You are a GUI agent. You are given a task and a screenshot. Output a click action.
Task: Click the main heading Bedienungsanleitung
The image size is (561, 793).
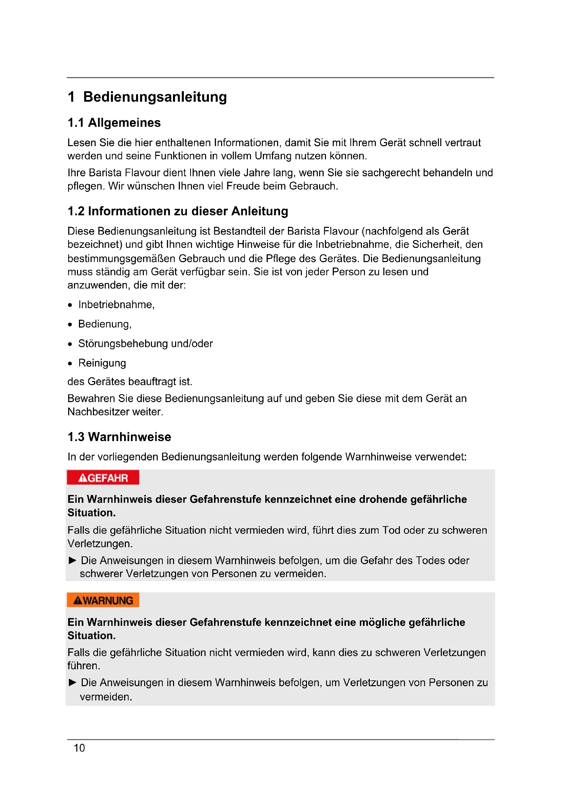tap(155, 97)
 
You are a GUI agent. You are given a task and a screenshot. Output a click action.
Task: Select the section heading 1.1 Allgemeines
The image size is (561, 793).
tap(114, 123)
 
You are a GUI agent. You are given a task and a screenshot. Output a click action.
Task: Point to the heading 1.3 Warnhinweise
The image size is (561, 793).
tap(119, 437)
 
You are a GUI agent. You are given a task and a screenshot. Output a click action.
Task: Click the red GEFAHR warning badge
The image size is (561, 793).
tap(103, 478)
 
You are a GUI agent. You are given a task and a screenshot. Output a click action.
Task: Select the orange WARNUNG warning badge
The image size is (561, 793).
tap(103, 600)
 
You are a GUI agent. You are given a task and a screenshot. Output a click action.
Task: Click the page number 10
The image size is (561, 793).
tap(79, 748)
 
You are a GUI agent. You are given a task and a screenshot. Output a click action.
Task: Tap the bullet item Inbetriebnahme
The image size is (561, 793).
tap(116, 305)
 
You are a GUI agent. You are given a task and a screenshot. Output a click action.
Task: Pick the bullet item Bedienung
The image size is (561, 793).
tap(105, 324)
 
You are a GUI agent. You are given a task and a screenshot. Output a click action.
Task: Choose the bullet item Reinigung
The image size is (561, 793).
tap(102, 363)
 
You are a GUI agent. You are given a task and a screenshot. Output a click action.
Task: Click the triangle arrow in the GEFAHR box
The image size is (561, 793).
tap(72, 560)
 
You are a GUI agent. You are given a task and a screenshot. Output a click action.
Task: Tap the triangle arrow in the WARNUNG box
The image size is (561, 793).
tap(72, 682)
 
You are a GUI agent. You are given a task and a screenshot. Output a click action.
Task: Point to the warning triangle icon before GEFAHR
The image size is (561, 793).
tap(82, 478)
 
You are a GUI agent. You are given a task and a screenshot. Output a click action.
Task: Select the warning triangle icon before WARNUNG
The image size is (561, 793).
tap(78, 601)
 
